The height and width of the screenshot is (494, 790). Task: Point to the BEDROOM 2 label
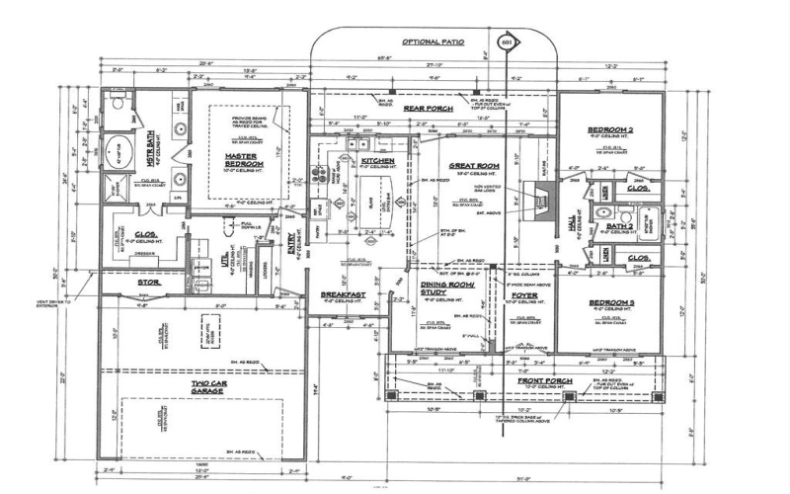[609, 130]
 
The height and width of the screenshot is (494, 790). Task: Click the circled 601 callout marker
[509, 43]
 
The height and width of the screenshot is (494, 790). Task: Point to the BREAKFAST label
[343, 294]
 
